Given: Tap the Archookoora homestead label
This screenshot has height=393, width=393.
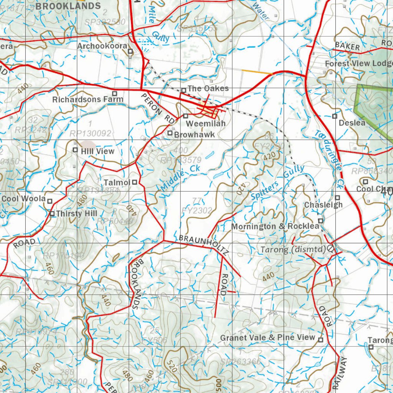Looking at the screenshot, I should click(102, 46).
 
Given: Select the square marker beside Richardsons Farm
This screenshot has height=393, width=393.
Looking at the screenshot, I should click(114, 93).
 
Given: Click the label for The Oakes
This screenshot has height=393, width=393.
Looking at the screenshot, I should click(208, 89).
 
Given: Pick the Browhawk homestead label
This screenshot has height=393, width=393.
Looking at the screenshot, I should click(194, 135).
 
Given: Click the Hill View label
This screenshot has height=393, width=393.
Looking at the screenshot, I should click(97, 151).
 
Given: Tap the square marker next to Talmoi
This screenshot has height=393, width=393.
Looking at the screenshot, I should click(135, 182).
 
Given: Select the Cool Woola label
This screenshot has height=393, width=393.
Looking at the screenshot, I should click(24, 199).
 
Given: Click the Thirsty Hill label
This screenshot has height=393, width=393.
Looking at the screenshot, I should click(76, 213).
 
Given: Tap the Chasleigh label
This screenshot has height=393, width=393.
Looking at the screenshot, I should click(323, 205).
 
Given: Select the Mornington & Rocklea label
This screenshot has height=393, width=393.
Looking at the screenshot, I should click(275, 226).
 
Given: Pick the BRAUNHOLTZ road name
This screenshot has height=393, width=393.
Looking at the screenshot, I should click(204, 244).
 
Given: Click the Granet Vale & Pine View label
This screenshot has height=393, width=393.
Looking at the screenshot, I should click(268, 338).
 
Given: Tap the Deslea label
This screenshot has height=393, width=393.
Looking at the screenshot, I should click(352, 123).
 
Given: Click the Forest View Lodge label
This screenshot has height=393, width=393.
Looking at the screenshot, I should click(359, 64).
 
